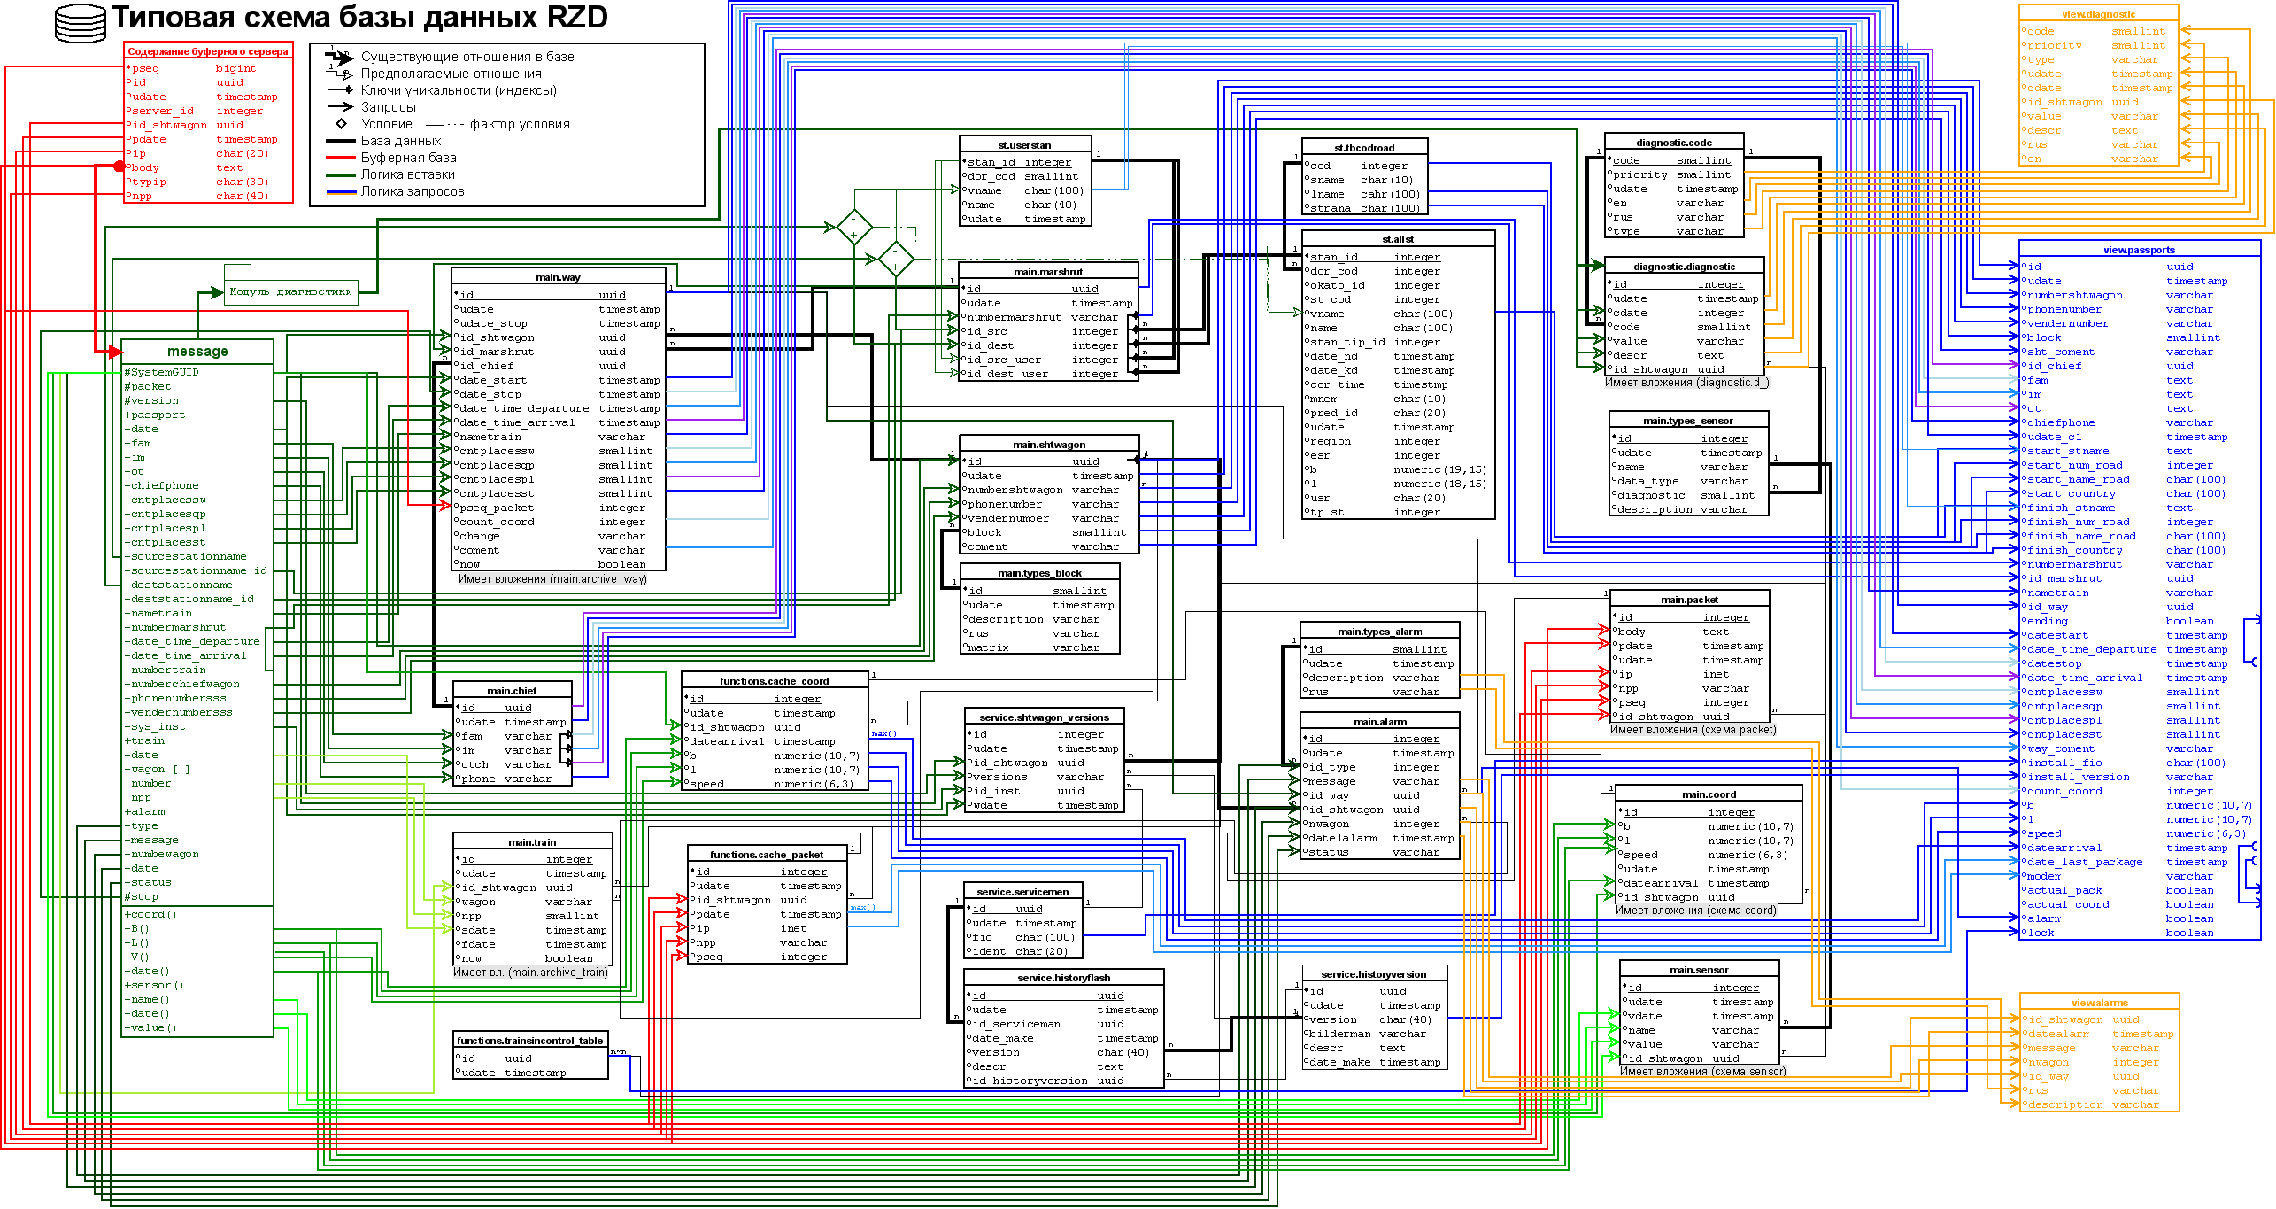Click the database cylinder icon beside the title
(81, 23)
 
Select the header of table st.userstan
(1024, 145)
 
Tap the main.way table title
(558, 277)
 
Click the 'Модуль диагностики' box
(290, 291)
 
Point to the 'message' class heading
(197, 352)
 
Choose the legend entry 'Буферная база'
(408, 158)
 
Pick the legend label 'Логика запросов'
(412, 191)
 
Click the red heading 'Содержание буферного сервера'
(208, 51)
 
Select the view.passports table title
(2139, 250)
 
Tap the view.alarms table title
(2099, 1003)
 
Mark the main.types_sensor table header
(1687, 421)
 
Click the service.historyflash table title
(1063, 978)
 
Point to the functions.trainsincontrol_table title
(529, 1041)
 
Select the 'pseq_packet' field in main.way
(497, 508)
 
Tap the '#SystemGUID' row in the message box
(162, 372)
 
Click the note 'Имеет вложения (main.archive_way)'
(552, 579)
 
